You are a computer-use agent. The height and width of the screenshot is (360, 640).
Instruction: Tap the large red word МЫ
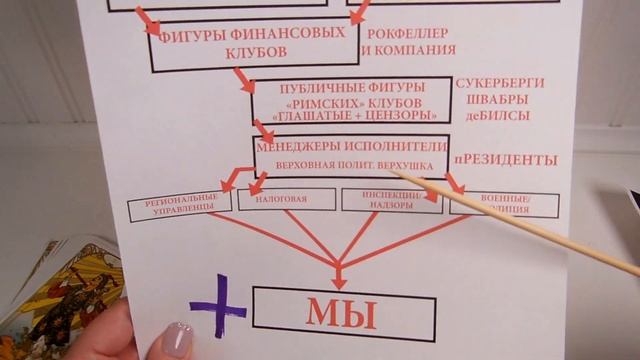[x=343, y=313]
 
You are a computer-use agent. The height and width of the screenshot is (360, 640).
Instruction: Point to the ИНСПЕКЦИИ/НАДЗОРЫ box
[x=391, y=200]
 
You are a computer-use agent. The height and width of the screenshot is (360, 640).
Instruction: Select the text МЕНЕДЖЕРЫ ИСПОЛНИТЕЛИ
[x=352, y=144]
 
